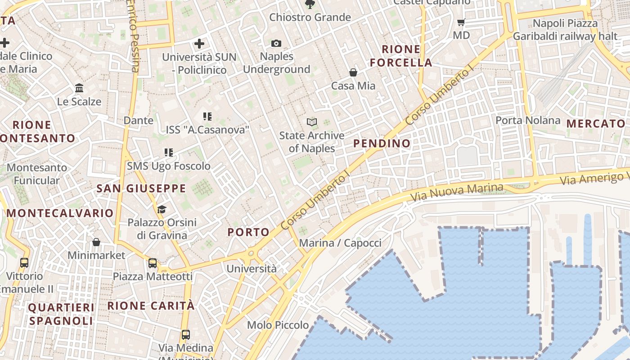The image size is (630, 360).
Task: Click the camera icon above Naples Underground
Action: pyautogui.click(x=276, y=43)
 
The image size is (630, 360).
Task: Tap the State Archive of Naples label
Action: pyautogui.click(x=312, y=142)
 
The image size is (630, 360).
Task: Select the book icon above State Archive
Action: pyautogui.click(x=312, y=122)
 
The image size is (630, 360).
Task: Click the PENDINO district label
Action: pyautogui.click(x=382, y=144)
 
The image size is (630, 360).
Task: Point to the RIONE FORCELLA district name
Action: pyautogui.click(x=401, y=56)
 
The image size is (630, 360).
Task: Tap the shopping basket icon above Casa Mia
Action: pyautogui.click(x=353, y=72)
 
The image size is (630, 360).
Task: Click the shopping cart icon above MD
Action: pyautogui.click(x=461, y=22)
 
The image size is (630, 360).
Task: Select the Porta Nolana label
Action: pyautogui.click(x=528, y=120)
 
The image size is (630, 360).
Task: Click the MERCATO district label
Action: pyautogui.click(x=596, y=123)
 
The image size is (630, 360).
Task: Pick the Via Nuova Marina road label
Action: pyautogui.click(x=457, y=191)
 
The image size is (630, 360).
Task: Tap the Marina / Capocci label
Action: pyautogui.click(x=340, y=243)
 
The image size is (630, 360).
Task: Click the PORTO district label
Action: pyautogui.click(x=248, y=232)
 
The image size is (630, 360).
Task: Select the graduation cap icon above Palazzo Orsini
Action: pyautogui.click(x=162, y=209)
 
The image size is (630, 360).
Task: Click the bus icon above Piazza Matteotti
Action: pyautogui.click(x=153, y=263)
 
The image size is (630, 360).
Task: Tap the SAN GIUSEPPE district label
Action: pyautogui.click(x=141, y=189)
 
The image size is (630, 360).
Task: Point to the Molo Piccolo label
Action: pyautogui.click(x=278, y=325)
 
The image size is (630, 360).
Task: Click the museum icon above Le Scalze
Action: pyautogui.click(x=79, y=88)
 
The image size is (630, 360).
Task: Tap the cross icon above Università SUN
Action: pyautogui.click(x=199, y=44)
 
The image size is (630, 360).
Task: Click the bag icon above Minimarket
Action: pyautogui.click(x=96, y=242)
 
